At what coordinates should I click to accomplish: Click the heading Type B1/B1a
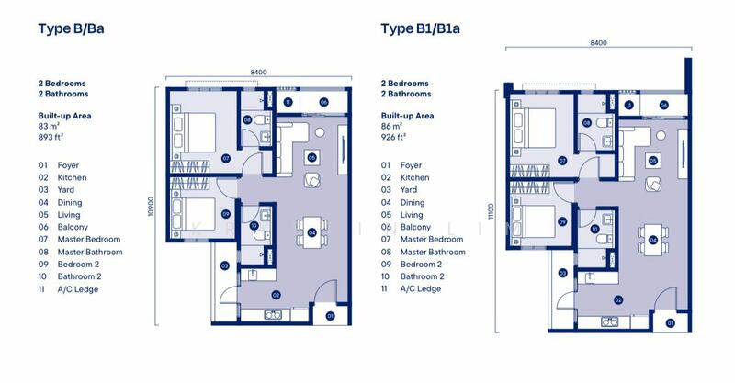tap(420, 28)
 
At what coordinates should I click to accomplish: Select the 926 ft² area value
tap(393, 138)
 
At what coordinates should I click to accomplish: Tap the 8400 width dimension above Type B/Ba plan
tap(258, 72)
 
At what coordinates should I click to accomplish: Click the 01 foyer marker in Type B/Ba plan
tap(331, 318)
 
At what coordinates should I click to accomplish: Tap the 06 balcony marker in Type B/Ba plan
tap(322, 102)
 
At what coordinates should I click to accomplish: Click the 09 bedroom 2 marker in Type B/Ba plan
tap(226, 215)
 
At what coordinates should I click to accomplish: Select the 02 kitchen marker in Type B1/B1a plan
tap(618, 299)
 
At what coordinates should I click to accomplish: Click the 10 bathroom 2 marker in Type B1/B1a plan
tap(594, 229)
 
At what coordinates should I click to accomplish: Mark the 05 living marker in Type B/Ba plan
tap(312, 158)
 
